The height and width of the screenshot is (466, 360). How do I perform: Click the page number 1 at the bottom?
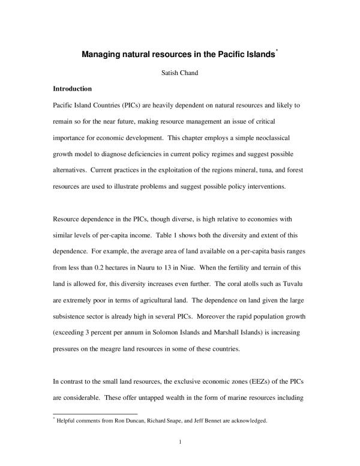(x=180, y=444)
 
